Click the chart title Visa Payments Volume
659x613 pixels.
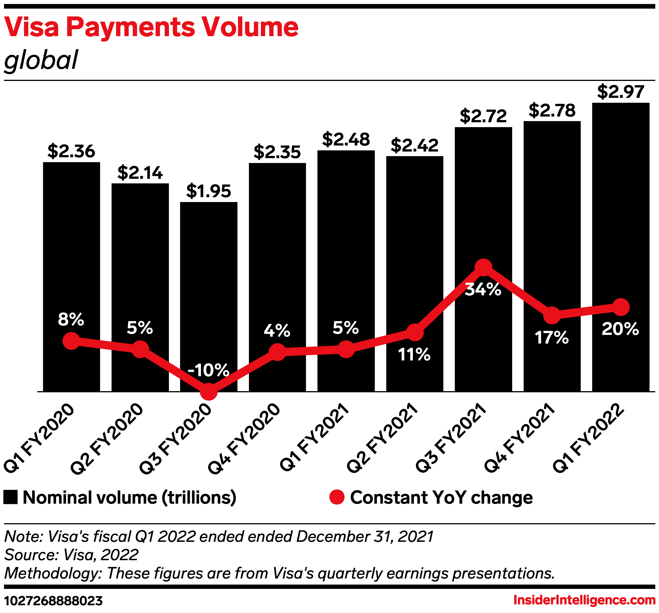151,27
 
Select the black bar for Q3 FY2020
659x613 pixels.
208,282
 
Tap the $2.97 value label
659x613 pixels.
621,92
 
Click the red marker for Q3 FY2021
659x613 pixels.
483,267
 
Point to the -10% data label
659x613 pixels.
208,370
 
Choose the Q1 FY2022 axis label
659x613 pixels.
588,438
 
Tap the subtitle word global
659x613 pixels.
41,60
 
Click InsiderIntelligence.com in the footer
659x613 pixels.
584,600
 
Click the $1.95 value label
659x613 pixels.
208,191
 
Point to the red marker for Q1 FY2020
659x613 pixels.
71,341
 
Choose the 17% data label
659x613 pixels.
551,338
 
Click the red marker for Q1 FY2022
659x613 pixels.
621,307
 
